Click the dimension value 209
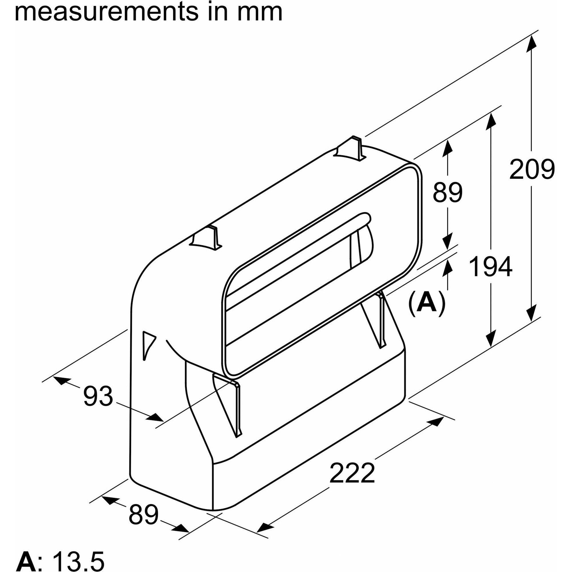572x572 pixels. click(x=532, y=169)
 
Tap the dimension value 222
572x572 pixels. click(x=352, y=475)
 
